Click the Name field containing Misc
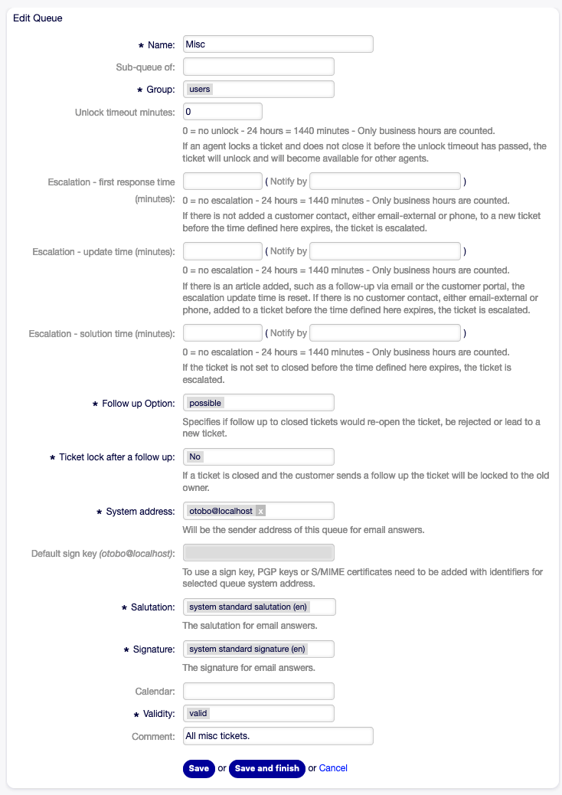coord(278,44)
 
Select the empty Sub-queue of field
coord(259,67)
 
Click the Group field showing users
coord(259,90)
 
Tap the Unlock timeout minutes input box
coord(223,112)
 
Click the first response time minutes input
coord(223,182)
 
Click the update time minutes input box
coord(223,251)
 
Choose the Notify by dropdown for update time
coord(385,251)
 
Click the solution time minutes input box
coord(223,333)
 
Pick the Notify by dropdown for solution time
coord(385,333)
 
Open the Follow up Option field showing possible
coord(259,403)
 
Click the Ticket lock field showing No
coord(259,457)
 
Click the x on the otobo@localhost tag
coord(260,511)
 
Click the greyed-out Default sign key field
coord(259,553)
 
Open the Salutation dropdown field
coord(259,607)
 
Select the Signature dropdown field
coord(259,649)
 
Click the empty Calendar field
coord(259,692)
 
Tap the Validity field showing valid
coord(259,714)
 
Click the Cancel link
coord(333,768)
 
